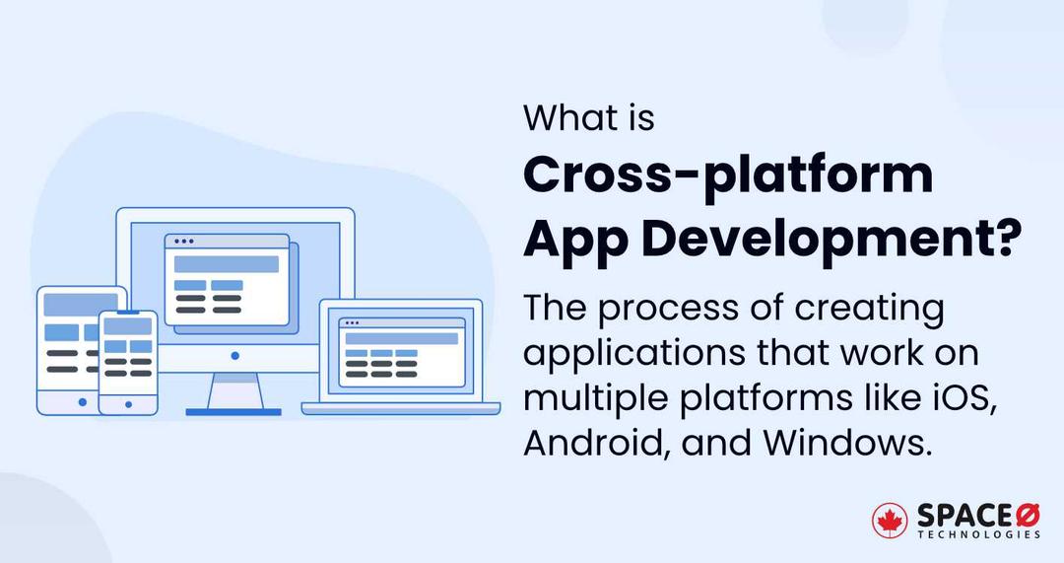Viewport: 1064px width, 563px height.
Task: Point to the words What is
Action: [x=588, y=118]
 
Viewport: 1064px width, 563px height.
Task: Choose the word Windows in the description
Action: [x=845, y=444]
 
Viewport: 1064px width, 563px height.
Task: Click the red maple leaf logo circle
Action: [x=890, y=520]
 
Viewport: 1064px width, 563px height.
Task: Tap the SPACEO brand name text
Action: [x=975, y=515]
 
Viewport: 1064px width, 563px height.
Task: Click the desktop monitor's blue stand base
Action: [x=233, y=411]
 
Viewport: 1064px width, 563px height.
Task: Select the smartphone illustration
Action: [x=128, y=362]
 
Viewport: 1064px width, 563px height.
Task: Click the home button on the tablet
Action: [x=82, y=401]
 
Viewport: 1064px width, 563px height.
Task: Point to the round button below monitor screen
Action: [x=234, y=355]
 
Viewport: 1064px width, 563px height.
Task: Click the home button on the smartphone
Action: [x=128, y=402]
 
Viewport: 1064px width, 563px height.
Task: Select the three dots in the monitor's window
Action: [x=183, y=242]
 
